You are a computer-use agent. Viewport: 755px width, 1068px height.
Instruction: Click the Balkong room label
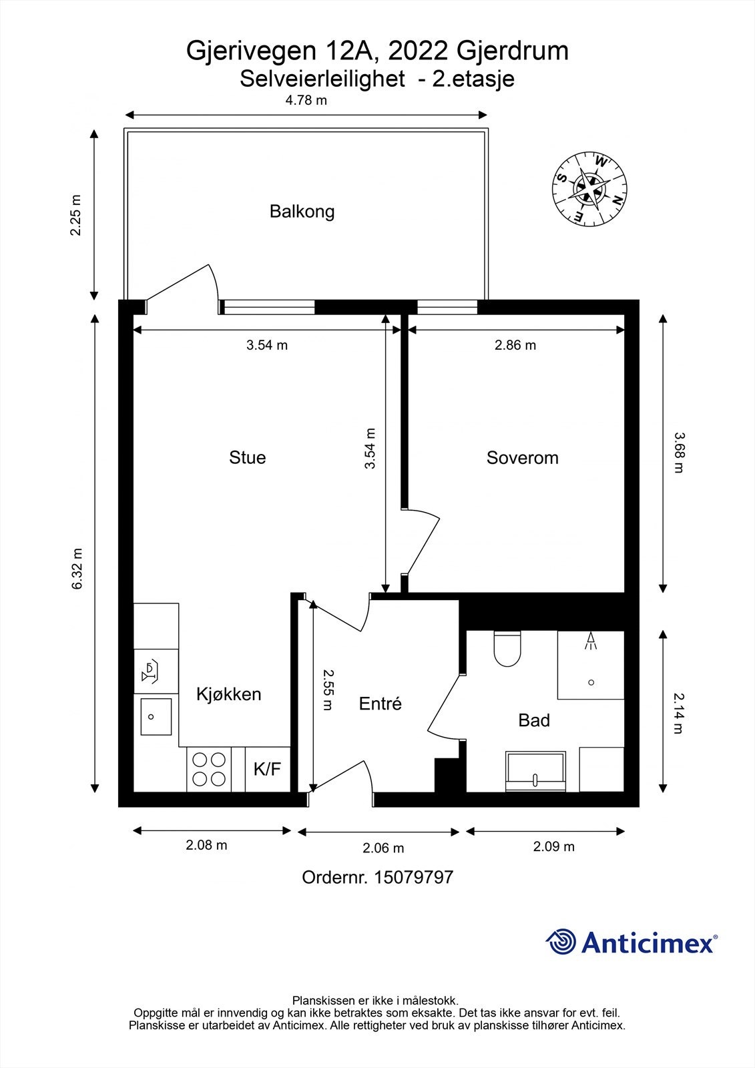point(302,211)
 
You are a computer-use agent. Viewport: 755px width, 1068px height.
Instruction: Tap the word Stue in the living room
point(247,457)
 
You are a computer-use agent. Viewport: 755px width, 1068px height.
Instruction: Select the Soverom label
point(522,458)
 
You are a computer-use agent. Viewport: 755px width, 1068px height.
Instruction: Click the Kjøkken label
point(228,694)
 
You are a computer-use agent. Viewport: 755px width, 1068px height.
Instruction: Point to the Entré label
point(380,704)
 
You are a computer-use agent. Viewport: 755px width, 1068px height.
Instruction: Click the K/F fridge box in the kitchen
point(268,769)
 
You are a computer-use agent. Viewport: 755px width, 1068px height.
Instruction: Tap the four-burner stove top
point(209,769)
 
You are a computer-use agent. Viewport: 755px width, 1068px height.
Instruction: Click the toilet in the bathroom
point(507,648)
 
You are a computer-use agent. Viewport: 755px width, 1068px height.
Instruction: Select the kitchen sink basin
point(156,717)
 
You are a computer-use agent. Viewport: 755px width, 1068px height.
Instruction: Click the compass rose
point(589,190)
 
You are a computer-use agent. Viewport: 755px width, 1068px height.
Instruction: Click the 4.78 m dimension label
point(306,100)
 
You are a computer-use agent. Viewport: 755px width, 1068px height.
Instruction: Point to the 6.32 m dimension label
point(77,568)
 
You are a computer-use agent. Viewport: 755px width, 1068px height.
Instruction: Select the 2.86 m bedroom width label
point(515,344)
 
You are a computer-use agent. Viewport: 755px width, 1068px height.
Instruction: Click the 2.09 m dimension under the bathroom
point(553,846)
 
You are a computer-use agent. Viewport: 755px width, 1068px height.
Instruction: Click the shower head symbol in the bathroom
point(591,640)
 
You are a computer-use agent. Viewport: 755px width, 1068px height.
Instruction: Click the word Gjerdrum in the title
point(513,51)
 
